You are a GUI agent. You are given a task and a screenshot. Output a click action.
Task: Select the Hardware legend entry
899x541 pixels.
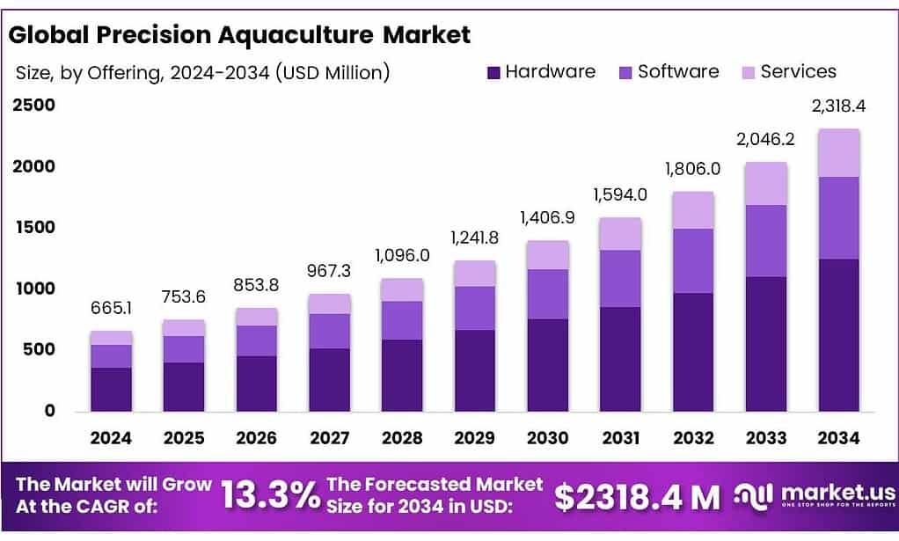541,72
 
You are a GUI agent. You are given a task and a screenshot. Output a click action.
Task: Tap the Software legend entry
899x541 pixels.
669,72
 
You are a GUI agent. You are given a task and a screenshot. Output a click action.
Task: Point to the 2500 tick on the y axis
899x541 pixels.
33,106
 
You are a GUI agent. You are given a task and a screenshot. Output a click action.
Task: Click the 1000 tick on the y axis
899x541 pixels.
33,289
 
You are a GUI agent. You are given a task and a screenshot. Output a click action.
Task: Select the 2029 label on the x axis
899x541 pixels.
475,438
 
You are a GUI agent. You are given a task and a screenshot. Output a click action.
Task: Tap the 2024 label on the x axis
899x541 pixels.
111,438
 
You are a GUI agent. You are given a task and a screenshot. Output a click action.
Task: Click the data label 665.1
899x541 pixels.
111,309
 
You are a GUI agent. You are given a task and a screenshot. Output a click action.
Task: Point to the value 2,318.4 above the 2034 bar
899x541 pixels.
838,106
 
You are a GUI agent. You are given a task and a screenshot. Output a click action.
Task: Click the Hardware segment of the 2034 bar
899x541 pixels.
838,334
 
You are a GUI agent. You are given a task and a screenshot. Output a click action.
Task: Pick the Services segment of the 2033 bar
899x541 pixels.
766,184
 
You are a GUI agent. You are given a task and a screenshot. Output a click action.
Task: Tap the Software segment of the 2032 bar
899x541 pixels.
693,260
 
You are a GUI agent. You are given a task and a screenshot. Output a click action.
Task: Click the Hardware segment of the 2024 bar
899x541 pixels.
111,389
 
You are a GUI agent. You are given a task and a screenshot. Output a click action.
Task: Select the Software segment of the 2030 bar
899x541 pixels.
547,294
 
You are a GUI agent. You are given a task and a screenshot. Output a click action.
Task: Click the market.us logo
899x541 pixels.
815,496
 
